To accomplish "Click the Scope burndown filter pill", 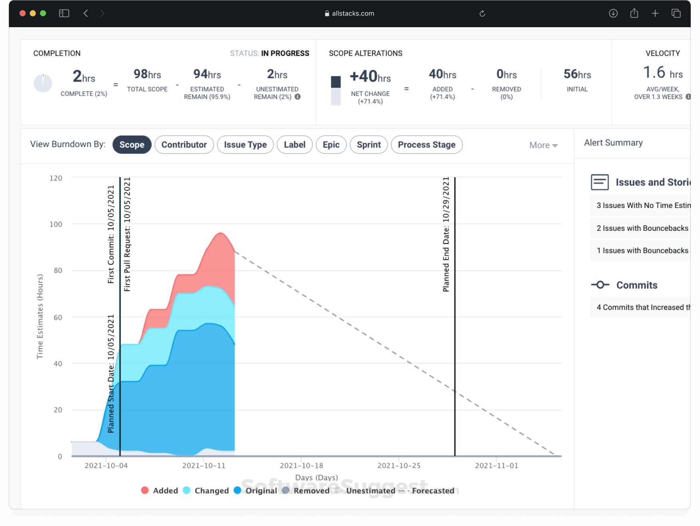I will point(132,145).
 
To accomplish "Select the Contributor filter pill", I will point(184,145).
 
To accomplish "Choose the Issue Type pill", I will point(245,145).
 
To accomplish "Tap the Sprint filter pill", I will point(368,145).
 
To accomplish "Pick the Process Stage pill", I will point(426,145).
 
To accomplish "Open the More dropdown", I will point(543,146).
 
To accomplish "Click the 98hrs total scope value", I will point(147,74).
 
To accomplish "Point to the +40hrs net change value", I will point(370,76).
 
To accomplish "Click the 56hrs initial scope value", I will point(577,74).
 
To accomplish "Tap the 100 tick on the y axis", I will point(56,224).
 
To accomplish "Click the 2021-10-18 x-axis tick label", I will point(301,466).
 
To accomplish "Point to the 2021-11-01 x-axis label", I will point(496,466).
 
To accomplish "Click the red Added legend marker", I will point(145,490).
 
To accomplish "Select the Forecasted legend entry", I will point(433,491).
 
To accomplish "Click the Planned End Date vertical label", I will point(446,234).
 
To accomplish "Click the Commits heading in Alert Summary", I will point(636,285).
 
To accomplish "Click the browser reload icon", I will point(482,14).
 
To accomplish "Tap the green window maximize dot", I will point(43,13).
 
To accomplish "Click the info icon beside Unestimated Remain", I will point(298,97).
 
